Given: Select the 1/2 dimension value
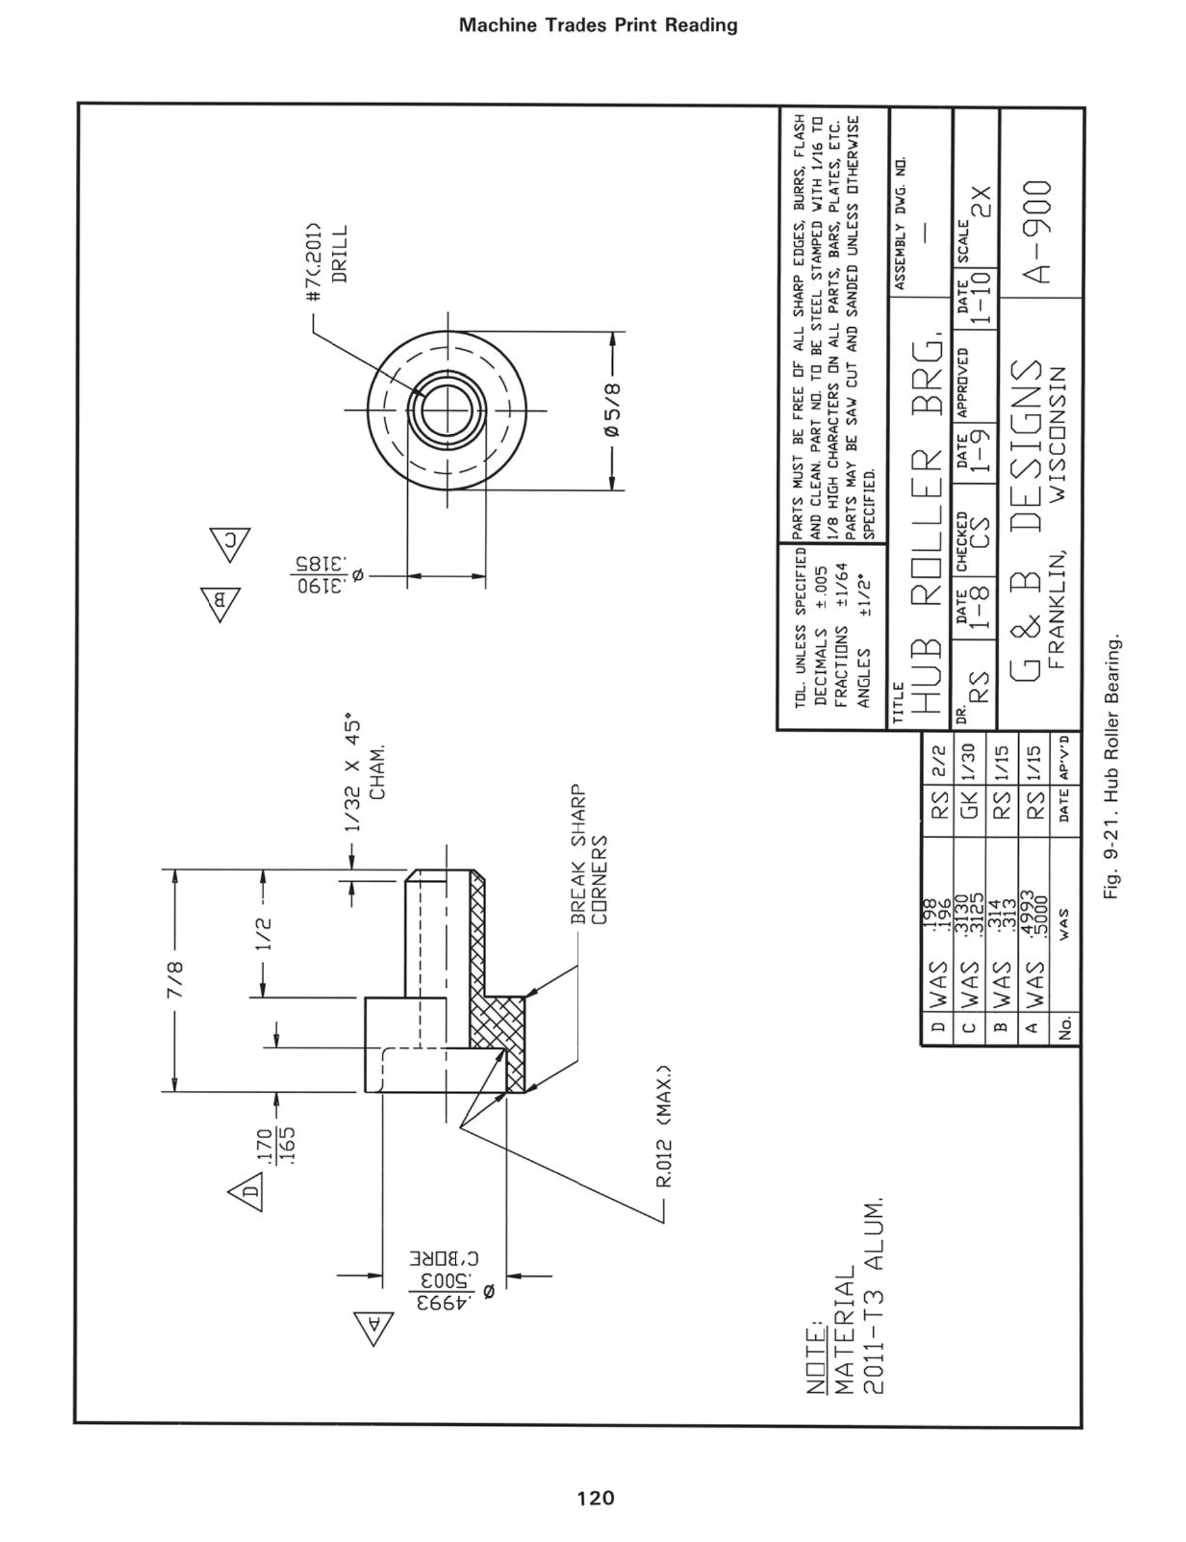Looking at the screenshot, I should click(x=264, y=934).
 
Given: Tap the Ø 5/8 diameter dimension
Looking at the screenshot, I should click(x=612, y=410).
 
